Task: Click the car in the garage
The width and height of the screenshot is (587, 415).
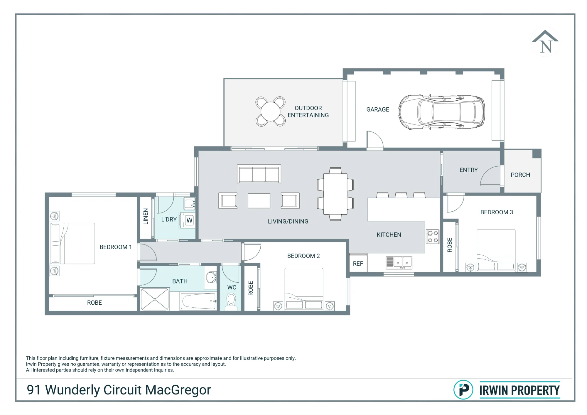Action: point(441,112)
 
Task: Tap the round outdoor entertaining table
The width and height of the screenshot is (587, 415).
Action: point(270,112)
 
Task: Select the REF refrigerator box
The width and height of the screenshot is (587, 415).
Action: point(358,263)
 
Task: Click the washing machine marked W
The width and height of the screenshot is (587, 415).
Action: point(190,220)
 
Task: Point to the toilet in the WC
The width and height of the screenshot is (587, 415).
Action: point(231,302)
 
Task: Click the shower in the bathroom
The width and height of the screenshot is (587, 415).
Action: point(155,299)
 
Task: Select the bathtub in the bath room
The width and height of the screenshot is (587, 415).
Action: point(199,301)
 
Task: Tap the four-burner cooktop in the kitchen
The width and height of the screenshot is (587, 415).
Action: point(433,237)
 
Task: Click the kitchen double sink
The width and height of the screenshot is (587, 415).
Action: point(399,263)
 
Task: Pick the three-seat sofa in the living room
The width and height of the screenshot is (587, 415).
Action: point(259,174)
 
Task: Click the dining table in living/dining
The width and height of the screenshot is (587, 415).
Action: point(335,194)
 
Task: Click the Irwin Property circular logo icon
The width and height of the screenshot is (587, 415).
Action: point(463,390)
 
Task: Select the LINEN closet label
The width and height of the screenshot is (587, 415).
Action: point(146,216)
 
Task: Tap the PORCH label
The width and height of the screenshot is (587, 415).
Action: point(520,175)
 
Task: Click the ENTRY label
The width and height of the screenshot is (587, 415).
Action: point(468,170)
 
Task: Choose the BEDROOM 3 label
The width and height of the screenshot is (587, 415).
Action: point(497,212)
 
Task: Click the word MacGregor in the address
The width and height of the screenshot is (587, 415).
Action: point(178,390)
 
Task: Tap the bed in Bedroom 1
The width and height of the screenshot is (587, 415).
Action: point(73,244)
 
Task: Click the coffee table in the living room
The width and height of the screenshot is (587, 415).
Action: point(259,201)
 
